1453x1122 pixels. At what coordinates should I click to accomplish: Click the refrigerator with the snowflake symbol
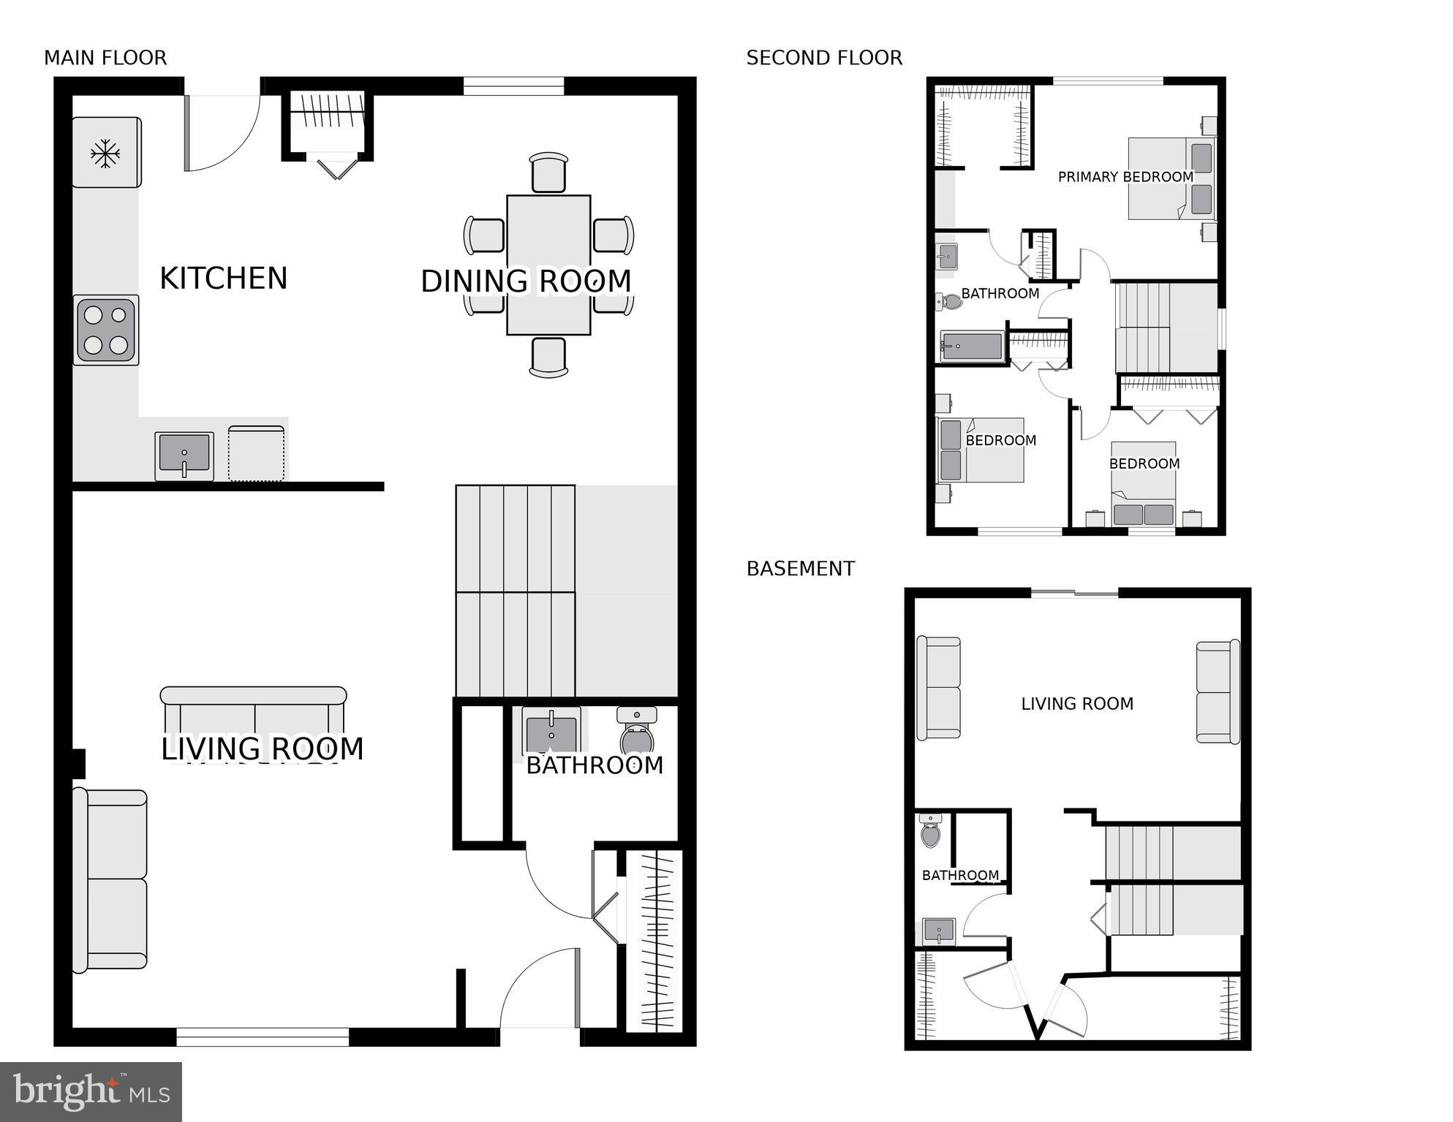106,153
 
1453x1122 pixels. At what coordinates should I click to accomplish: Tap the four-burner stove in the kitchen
106,330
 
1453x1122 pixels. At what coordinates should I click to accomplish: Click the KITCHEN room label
223,278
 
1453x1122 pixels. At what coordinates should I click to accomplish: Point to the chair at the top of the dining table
548,173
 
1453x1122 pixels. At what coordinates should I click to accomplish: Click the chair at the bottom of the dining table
548,357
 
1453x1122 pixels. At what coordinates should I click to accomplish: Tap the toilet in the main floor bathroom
636,731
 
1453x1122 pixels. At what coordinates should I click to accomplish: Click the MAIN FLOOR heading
105,58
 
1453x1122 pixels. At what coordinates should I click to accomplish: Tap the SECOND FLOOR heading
824,58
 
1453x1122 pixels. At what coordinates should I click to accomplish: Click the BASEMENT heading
801,569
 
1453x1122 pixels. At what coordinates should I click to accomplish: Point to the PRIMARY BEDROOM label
1125,177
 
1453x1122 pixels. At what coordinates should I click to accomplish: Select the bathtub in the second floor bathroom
972,346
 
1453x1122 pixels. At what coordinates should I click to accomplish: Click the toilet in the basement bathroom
930,831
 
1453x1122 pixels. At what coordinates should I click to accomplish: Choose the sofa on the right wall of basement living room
1218,691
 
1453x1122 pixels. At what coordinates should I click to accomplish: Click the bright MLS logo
91,1091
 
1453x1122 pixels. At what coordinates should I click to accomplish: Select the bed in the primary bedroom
1170,178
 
